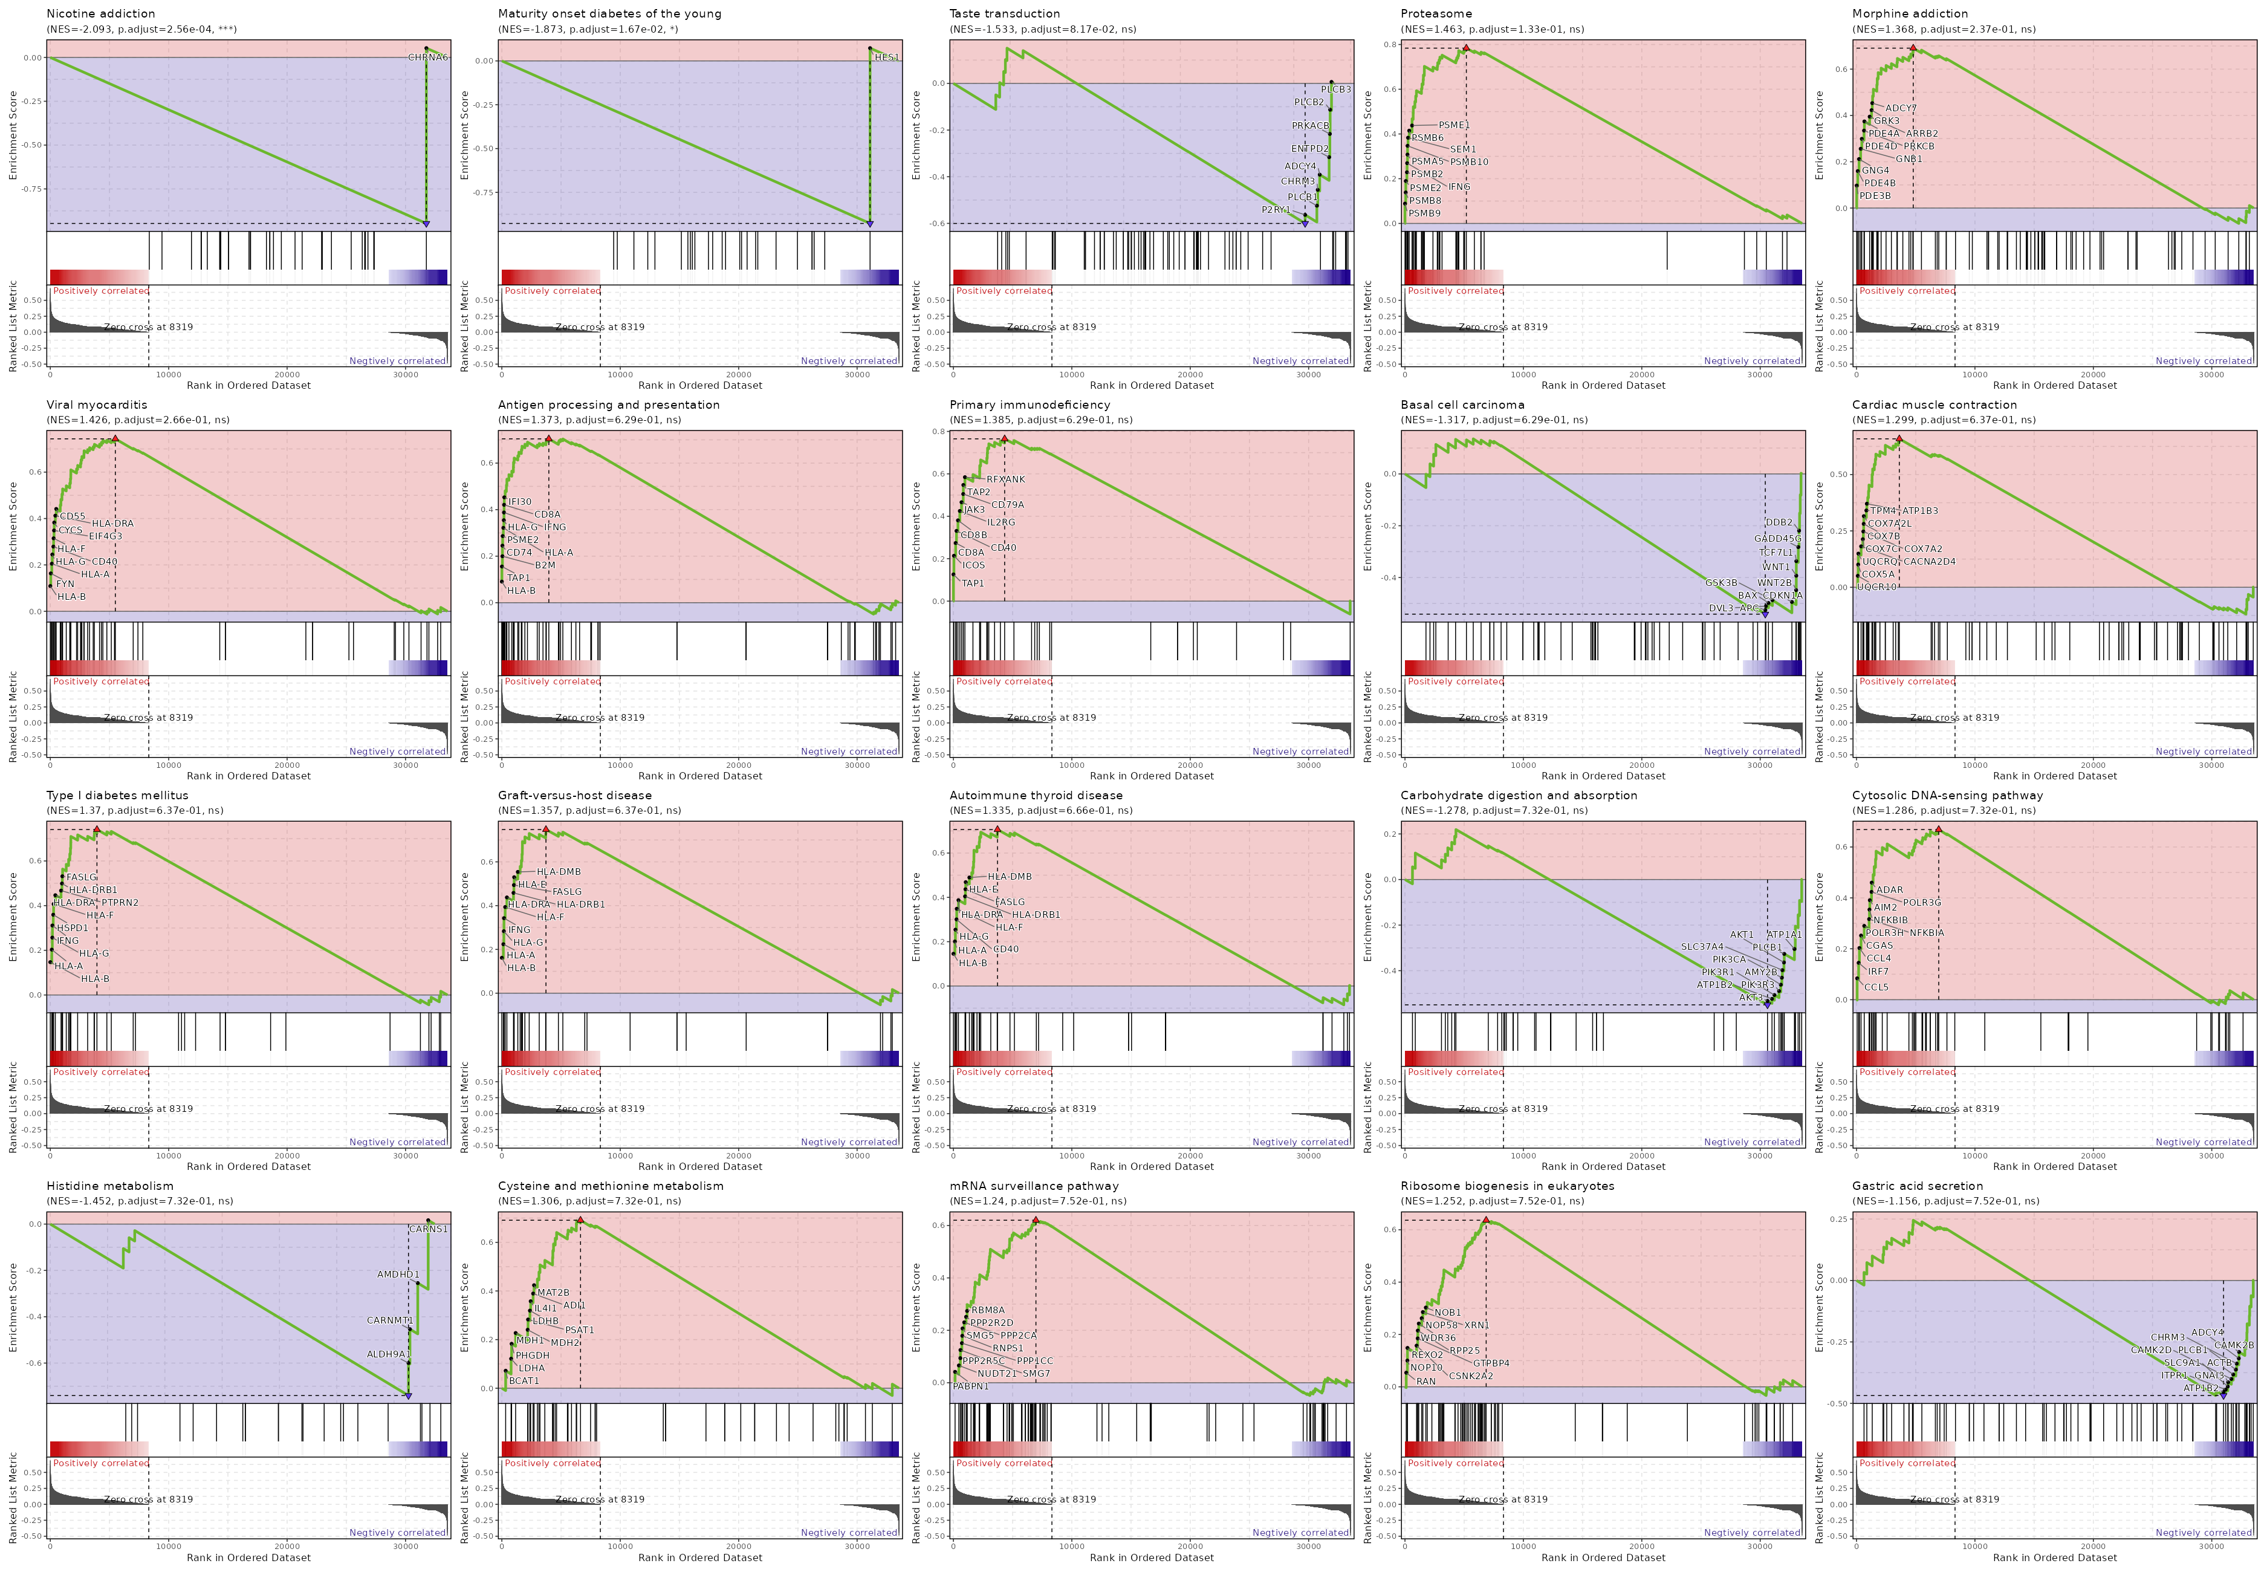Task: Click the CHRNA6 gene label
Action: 427,57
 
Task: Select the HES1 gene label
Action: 886,57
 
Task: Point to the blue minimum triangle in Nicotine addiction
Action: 426,224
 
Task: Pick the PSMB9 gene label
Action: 1424,213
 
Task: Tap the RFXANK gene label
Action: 1005,479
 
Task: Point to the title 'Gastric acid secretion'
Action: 1916,1186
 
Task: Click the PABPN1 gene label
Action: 971,1386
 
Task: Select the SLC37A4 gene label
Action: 1702,947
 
